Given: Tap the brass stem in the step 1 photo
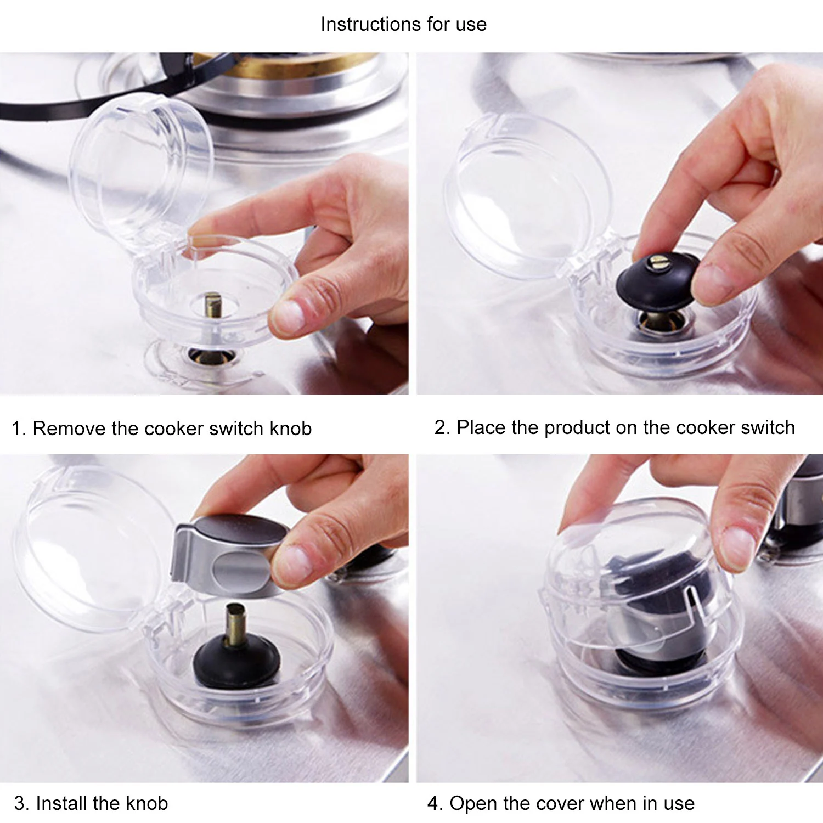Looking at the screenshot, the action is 213,305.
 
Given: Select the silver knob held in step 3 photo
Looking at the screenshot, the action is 228,554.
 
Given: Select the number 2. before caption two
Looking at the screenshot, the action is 442,427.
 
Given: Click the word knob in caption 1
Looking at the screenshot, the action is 291,429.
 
